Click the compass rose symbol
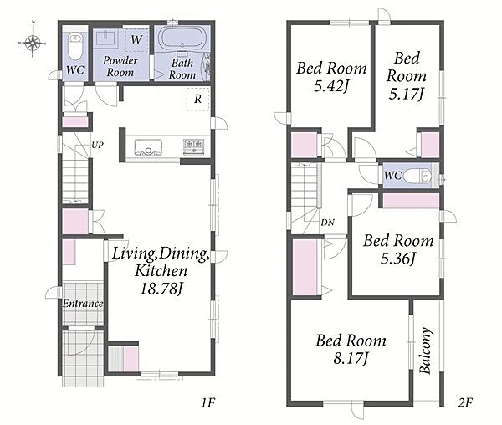click(x=33, y=42)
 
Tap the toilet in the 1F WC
click(x=75, y=45)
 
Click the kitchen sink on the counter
click(x=148, y=147)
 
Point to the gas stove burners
click(x=193, y=146)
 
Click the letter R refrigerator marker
click(x=197, y=99)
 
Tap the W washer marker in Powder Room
click(x=136, y=39)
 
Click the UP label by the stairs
click(x=98, y=145)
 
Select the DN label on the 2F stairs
click(x=327, y=222)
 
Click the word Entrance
click(x=83, y=303)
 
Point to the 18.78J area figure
click(x=161, y=289)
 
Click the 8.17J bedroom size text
click(x=351, y=358)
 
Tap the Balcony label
click(x=426, y=351)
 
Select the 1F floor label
click(x=208, y=402)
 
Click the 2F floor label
click(x=465, y=402)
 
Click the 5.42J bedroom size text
click(x=331, y=86)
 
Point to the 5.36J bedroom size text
click(x=398, y=258)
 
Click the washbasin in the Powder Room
click(x=105, y=38)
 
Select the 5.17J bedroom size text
click(x=407, y=94)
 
